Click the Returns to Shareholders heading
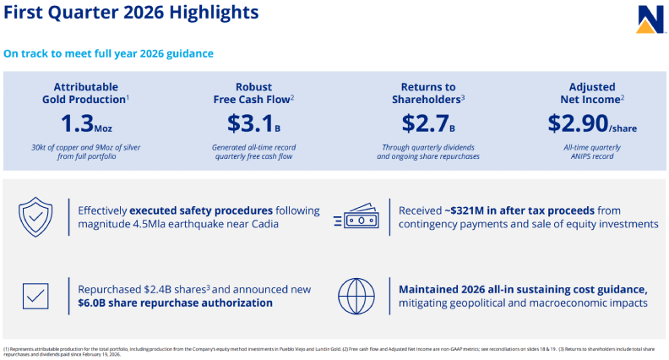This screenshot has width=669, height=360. (x=427, y=92)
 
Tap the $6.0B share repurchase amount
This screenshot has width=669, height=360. (x=96, y=303)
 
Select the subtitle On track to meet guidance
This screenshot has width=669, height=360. (x=108, y=53)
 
